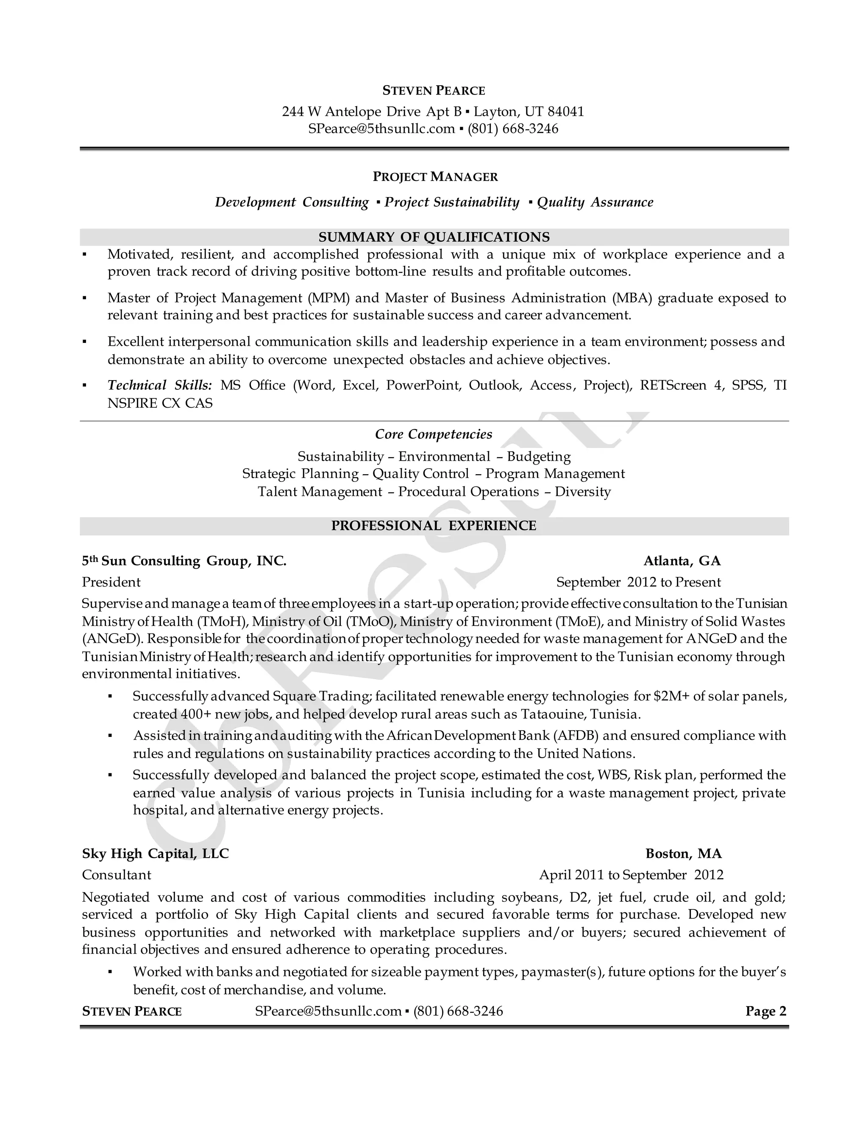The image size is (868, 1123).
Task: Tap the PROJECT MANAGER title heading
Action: [x=435, y=177]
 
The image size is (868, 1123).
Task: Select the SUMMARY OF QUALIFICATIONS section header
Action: [x=434, y=237]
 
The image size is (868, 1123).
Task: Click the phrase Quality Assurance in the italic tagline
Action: [x=595, y=202]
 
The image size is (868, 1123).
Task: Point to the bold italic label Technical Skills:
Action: [x=159, y=385]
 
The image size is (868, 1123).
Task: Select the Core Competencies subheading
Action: [x=434, y=434]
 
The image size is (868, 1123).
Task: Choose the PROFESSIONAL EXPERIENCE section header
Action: [x=434, y=525]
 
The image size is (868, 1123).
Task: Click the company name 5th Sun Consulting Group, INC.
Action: [x=184, y=561]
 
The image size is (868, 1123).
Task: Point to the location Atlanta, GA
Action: [x=682, y=561]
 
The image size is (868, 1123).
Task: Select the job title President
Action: [x=111, y=582]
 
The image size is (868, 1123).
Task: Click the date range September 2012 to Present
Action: [x=638, y=582]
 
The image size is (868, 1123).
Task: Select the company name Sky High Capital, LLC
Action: [x=155, y=853]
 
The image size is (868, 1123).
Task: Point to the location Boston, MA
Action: [x=683, y=853]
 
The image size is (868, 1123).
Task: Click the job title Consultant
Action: [x=117, y=875]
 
